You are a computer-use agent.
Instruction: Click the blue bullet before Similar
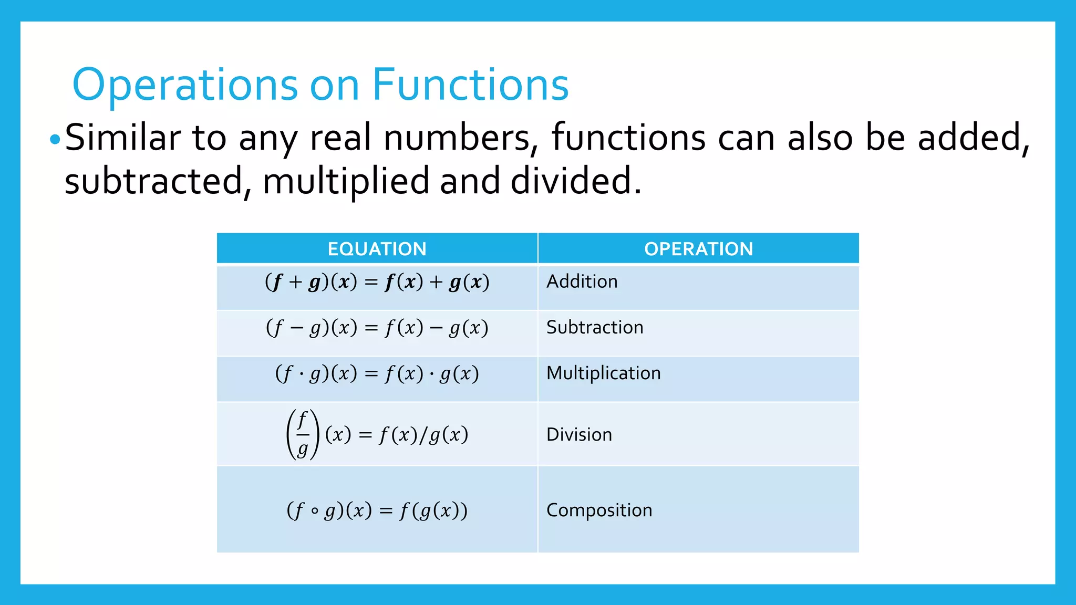[55, 140]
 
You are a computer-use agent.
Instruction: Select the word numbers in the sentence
[457, 138]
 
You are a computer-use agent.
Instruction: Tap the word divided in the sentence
[576, 181]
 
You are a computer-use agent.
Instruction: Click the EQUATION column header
[377, 249]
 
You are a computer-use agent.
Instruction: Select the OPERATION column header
[698, 249]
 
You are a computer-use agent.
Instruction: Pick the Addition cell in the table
[582, 282]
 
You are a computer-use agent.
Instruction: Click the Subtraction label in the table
[594, 328]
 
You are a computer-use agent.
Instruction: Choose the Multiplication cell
[603, 373]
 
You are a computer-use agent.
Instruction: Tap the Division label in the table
[579, 435]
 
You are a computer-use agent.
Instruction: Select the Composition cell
[599, 510]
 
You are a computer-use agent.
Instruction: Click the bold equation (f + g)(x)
[377, 283]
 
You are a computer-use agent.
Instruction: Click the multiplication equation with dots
[377, 374]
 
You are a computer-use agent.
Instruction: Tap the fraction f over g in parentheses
[303, 434]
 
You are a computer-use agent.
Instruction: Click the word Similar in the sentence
[123, 138]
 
